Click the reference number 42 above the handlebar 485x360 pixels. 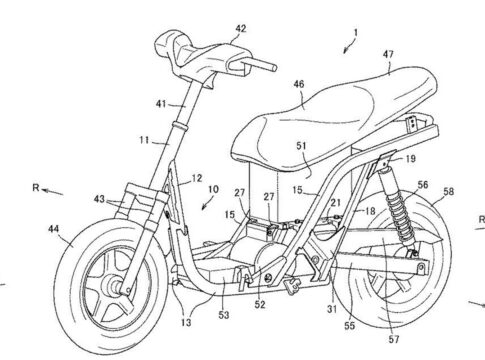point(241,29)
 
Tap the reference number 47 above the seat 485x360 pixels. point(388,54)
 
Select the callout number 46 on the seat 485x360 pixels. point(299,84)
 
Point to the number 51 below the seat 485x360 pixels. point(301,146)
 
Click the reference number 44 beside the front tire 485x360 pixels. point(54,229)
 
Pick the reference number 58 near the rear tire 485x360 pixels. point(448,192)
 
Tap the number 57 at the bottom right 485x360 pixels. point(394,339)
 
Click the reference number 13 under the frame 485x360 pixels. point(186,322)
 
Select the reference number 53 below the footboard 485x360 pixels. point(224,315)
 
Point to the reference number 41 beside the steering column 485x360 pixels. point(161,104)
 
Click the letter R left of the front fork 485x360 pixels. point(36,188)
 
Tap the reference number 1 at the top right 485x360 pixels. point(356,33)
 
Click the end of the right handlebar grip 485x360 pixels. point(274,67)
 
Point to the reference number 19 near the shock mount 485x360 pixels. point(411,159)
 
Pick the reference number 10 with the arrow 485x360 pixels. point(213,189)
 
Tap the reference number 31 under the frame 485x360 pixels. point(332,309)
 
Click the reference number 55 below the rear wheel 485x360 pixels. point(349,326)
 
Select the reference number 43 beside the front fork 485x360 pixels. point(99,199)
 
